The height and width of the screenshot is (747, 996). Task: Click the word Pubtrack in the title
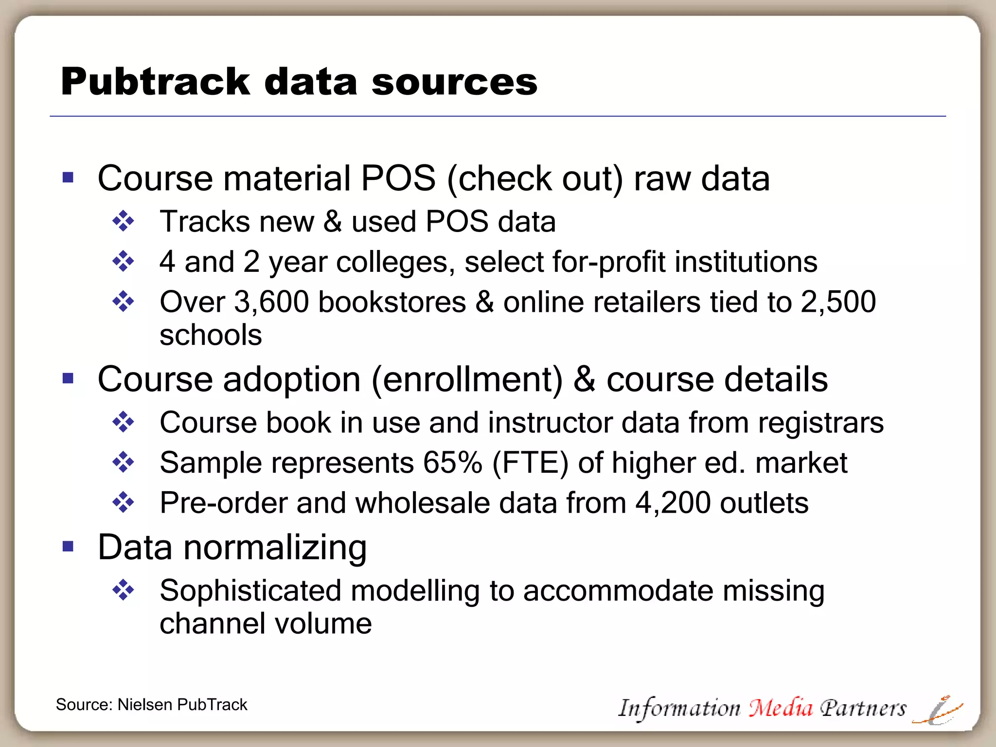click(155, 82)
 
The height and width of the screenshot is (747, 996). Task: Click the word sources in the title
click(454, 82)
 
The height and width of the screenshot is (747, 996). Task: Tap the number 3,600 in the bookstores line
click(271, 302)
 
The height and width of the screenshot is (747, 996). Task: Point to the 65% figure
click(452, 462)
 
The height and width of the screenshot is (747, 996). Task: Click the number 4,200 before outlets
click(673, 503)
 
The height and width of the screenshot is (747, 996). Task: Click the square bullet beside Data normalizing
click(68, 547)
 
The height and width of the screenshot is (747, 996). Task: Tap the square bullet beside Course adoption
click(68, 378)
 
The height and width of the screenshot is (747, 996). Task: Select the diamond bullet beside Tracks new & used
click(123, 221)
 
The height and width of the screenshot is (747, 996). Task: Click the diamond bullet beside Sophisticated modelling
click(123, 590)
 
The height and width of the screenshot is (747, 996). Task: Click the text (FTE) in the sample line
click(530, 462)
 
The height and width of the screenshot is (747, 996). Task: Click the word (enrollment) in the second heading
click(467, 379)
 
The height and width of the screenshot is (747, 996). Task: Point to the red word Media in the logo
click(780, 707)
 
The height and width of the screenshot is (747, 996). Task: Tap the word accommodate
click(618, 591)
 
